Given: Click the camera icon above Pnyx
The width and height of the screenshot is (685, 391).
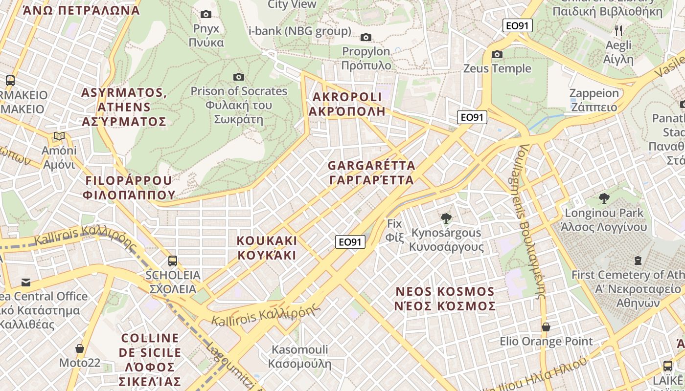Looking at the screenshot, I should (x=206, y=15).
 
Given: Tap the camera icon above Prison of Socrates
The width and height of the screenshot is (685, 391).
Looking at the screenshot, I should (x=239, y=77).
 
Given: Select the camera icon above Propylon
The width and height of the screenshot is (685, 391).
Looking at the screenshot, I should (x=365, y=38).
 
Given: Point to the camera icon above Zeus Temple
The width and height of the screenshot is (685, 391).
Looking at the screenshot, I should (x=497, y=54).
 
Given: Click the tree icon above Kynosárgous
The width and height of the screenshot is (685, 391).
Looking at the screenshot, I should (x=446, y=218).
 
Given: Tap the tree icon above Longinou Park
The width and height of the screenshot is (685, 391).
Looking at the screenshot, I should (x=604, y=198).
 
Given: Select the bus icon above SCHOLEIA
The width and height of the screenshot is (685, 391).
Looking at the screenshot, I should (x=172, y=261).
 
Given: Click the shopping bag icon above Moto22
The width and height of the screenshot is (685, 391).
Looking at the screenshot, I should (x=80, y=348).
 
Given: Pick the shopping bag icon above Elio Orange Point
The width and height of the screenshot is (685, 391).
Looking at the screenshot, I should (x=546, y=327).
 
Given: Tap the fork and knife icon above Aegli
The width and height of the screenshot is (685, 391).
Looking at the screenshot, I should (x=618, y=31).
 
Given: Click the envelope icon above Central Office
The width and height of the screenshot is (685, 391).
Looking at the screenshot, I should (x=25, y=282).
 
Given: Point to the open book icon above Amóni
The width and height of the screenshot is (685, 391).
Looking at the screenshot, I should (x=59, y=136).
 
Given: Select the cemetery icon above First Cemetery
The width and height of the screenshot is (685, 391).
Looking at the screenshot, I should (x=638, y=261).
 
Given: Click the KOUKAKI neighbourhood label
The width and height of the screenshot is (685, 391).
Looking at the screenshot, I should (x=267, y=248).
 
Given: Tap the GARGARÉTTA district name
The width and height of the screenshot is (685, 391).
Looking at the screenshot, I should (x=372, y=173).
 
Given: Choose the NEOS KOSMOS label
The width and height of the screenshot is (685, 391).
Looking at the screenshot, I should (x=445, y=299).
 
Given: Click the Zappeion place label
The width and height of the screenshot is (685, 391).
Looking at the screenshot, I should (x=594, y=100).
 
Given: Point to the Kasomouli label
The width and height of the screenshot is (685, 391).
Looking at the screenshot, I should (x=299, y=356).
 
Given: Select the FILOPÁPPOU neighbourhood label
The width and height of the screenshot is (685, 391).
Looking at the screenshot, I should (x=129, y=188).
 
